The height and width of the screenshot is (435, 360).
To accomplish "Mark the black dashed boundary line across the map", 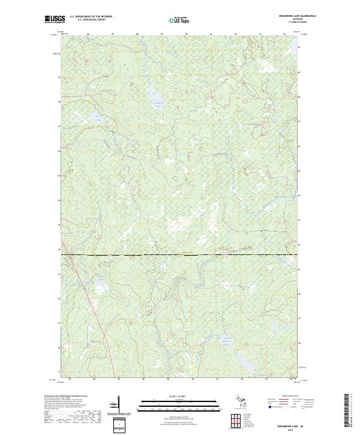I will coord(180,254).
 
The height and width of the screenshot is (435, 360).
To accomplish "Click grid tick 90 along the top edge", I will coord(186,34).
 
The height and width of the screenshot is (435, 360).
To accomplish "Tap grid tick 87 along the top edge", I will coord(112,34).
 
